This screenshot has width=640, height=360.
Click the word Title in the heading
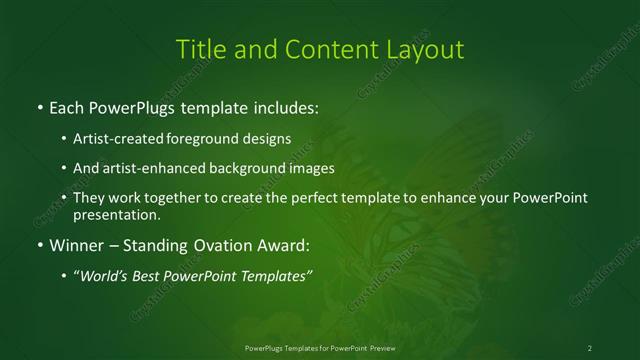tap(200, 49)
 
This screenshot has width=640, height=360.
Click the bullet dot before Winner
tap(39, 245)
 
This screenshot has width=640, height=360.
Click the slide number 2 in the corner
tap(590, 347)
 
